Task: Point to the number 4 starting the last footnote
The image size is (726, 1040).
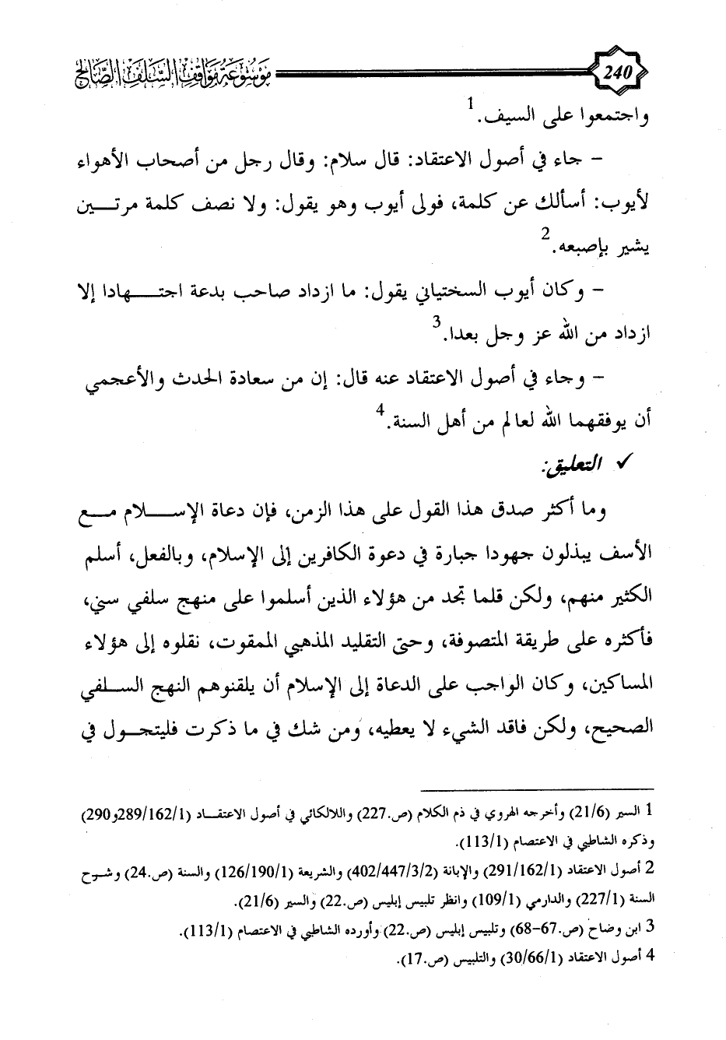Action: click(651, 959)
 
